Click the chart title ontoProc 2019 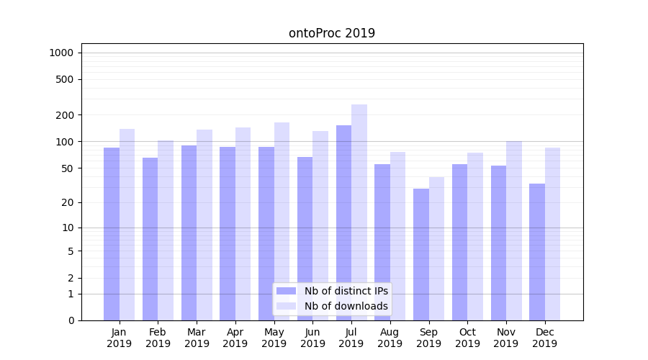(x=331, y=33)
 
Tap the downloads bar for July (x=359, y=212)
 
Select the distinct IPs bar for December (x=537, y=252)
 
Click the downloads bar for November (x=514, y=230)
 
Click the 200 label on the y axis (x=64, y=115)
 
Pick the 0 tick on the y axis (x=71, y=320)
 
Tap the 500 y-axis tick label (x=64, y=79)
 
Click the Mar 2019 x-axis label (x=197, y=338)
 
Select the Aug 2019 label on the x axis (x=390, y=338)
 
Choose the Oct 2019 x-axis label (x=467, y=338)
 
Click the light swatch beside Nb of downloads (x=287, y=306)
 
